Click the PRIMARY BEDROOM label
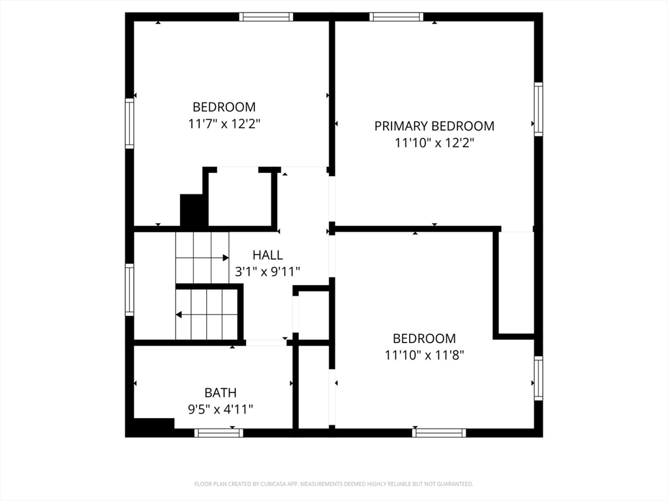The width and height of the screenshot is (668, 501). [434, 126]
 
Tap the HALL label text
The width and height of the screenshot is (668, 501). [267, 255]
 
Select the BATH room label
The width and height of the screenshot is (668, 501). [220, 393]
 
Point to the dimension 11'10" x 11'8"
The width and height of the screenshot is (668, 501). [424, 355]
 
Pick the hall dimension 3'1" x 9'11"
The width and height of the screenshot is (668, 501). [267, 271]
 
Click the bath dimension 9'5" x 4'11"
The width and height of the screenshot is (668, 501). [220, 409]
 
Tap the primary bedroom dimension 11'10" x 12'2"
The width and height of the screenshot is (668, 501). [434, 142]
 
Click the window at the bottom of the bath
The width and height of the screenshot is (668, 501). [219, 433]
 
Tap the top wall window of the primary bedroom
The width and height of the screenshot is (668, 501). [396, 17]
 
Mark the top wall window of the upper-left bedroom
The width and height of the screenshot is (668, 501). [266, 17]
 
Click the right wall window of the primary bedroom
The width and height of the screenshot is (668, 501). [538, 108]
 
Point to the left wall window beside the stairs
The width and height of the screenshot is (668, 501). [130, 290]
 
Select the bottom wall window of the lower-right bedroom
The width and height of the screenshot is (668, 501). [440, 433]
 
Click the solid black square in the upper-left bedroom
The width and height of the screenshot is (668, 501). [194, 210]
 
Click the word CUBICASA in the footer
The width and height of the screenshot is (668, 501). [278, 484]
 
